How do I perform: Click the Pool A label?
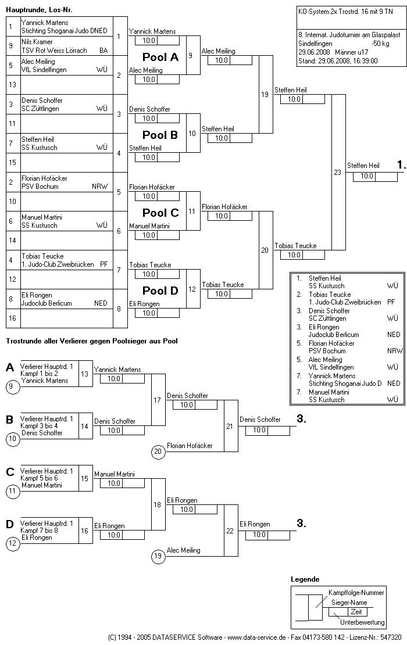160,57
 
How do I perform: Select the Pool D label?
160,291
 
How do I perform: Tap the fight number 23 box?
338,172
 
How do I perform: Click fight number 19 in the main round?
265,94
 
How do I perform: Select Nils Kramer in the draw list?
38,42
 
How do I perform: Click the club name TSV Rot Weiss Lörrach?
54,51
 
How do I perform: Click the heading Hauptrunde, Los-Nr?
40,10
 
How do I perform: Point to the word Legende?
305,579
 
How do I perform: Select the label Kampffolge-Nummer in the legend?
356,593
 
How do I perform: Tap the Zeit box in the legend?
356,612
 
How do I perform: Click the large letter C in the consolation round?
10,472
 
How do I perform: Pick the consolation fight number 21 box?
230,426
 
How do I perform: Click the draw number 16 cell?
12,318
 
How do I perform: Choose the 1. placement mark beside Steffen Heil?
401,166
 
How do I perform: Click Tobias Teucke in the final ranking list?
330,295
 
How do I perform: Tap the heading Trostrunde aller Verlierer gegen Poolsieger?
91,341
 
